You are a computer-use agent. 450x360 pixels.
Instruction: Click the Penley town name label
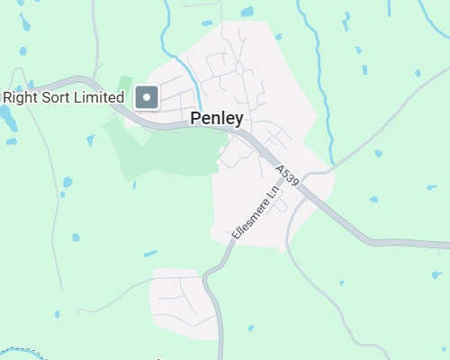point(217,118)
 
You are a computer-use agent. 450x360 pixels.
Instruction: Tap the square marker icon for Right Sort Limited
point(147,97)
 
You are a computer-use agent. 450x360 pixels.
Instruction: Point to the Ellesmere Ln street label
point(256,212)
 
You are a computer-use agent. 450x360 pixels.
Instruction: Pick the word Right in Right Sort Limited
point(21,97)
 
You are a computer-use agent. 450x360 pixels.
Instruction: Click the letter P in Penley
point(196,118)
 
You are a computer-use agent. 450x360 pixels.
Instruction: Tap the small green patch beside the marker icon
point(125,84)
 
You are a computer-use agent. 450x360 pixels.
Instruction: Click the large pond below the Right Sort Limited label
point(5,116)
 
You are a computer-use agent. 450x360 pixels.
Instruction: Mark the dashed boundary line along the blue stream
point(22,352)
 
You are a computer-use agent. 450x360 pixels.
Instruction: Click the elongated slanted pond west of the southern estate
point(149,253)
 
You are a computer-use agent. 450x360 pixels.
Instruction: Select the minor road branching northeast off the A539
point(378,135)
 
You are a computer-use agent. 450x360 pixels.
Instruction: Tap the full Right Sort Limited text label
point(64,97)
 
